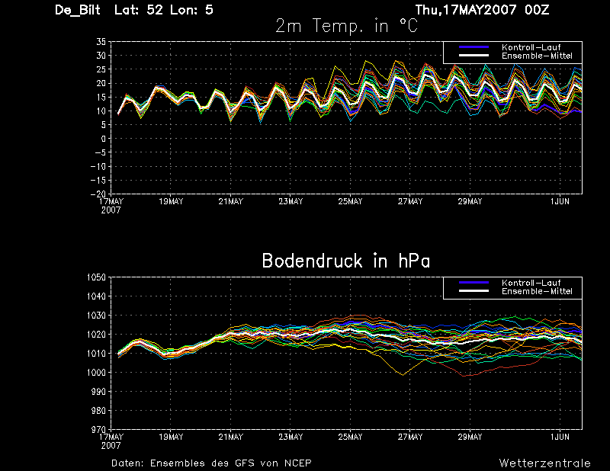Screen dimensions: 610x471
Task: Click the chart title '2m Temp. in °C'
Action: [x=346, y=26]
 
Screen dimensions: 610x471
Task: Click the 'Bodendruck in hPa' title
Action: [x=346, y=261]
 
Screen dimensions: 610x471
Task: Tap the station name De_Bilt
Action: [x=78, y=10]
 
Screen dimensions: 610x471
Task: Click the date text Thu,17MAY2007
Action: [x=466, y=10]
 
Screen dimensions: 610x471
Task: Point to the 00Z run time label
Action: [x=537, y=10]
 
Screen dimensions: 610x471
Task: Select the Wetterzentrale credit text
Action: [x=544, y=463]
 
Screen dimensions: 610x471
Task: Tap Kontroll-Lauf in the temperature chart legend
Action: [x=531, y=47]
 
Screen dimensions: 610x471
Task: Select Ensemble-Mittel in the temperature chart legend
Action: [x=537, y=56]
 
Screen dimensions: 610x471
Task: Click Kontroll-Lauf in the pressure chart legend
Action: [x=531, y=283]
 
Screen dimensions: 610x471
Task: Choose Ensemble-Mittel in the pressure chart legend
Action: [x=537, y=291]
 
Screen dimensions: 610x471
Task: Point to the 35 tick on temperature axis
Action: [x=101, y=42]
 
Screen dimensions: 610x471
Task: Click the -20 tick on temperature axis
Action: [x=98, y=194]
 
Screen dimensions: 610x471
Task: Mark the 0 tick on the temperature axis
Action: [x=103, y=139]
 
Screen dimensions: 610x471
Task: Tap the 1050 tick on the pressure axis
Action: [x=97, y=277]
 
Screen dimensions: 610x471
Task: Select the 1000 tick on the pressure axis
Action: [x=97, y=372]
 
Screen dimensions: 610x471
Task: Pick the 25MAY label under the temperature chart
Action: [x=350, y=201]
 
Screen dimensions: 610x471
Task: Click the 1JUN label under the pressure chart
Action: [x=560, y=437]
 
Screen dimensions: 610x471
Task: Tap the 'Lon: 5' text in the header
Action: [x=192, y=10]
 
